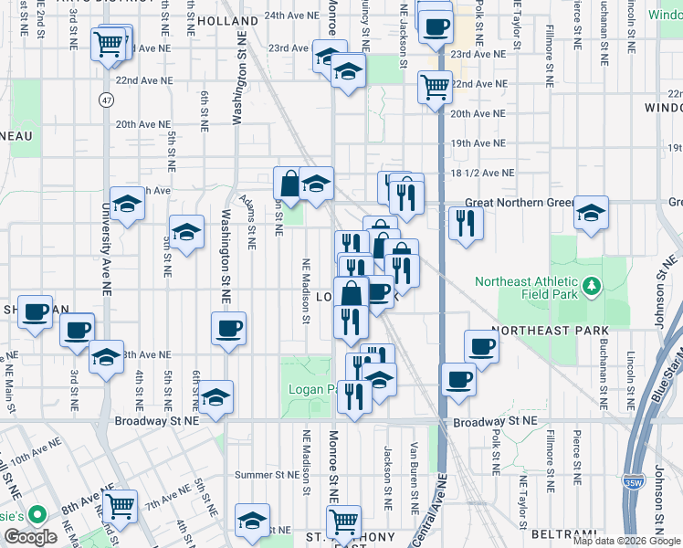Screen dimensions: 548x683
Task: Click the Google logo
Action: point(30,537)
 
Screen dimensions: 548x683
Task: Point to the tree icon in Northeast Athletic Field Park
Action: point(592,289)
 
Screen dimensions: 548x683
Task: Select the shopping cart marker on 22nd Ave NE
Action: point(436,88)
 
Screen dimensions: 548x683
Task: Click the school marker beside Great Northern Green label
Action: point(592,213)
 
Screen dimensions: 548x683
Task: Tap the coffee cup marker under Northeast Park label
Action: point(482,346)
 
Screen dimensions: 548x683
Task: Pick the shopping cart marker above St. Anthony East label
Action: point(343,521)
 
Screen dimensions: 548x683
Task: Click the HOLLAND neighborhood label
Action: point(227,20)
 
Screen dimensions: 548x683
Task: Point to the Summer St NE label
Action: point(267,475)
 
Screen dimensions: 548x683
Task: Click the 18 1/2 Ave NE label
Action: point(483,173)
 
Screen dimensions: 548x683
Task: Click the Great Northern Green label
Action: point(519,203)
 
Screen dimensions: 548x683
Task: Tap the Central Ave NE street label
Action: point(441,511)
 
